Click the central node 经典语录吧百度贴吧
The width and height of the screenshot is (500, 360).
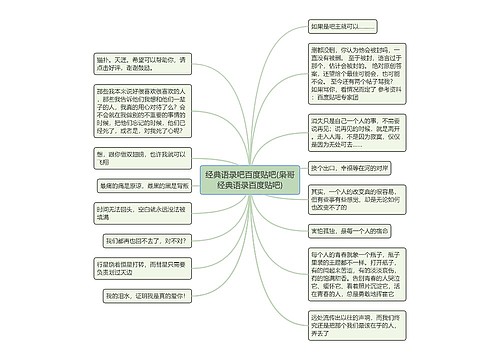pos(250,180)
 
